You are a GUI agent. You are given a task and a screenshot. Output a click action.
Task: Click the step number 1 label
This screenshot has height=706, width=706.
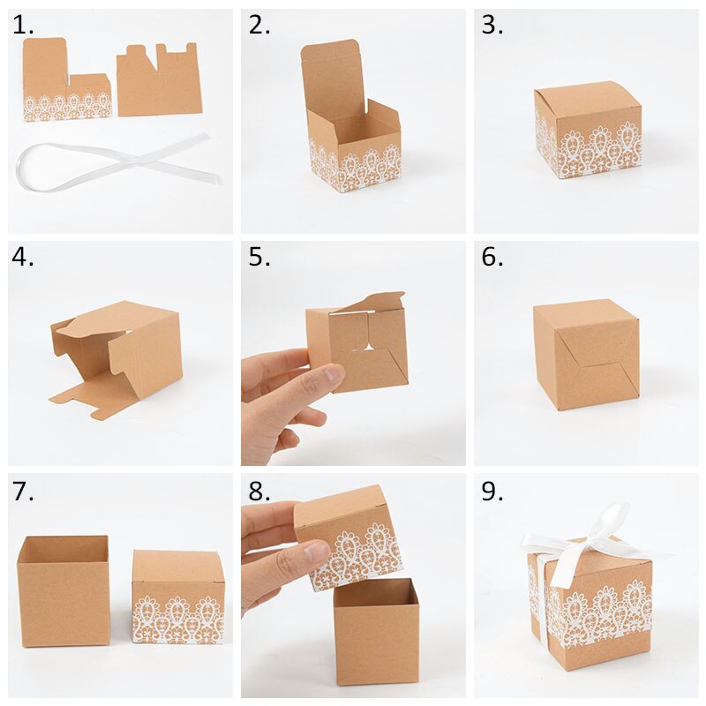23,26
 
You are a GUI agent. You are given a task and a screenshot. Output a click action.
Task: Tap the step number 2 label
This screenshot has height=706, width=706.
259,26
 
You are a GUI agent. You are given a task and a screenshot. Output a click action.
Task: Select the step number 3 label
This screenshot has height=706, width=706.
492,26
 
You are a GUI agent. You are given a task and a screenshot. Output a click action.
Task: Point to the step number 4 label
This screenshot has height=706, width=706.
24,259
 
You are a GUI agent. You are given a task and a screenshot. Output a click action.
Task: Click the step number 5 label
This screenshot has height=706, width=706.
259,259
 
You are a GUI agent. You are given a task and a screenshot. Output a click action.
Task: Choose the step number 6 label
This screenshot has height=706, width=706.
492,259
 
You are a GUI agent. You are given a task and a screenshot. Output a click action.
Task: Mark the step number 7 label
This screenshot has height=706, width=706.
23,492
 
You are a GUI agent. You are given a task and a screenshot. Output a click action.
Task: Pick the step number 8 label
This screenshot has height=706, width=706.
259,492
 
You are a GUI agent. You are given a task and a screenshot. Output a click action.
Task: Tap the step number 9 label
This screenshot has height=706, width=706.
492,492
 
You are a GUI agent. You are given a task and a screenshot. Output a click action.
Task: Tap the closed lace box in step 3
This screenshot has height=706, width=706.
587,130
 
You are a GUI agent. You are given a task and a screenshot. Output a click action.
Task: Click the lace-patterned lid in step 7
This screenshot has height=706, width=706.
177,597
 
